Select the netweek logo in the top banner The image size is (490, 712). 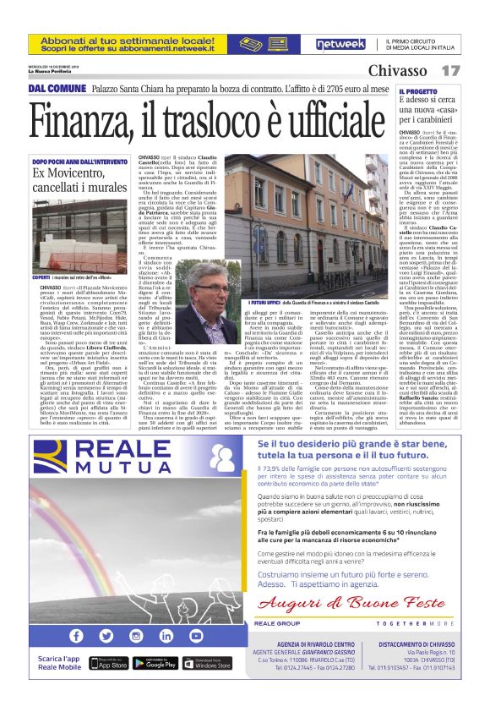(x=340, y=43)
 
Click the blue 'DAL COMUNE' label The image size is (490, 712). (x=57, y=89)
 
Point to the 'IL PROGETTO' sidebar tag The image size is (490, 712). (x=419, y=90)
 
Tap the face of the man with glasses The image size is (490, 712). (x=206, y=289)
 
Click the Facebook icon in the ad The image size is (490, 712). (x=77, y=635)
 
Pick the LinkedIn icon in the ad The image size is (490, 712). (x=167, y=635)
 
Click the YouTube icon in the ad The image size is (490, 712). (x=197, y=635)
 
